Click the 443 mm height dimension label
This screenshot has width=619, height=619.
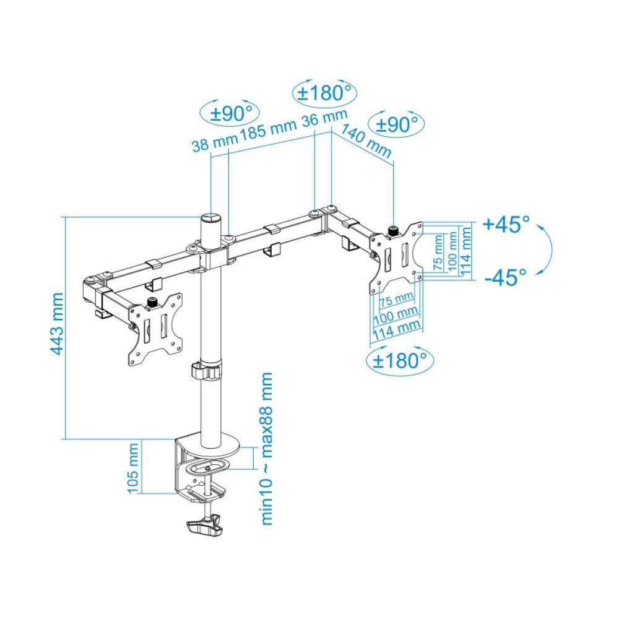click(x=57, y=324)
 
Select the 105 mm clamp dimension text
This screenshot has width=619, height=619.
click(x=134, y=468)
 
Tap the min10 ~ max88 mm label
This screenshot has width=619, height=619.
click(x=267, y=449)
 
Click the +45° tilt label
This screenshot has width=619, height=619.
click(x=506, y=224)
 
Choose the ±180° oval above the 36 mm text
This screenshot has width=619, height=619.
click(x=324, y=93)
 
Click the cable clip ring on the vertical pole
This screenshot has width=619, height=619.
click(x=206, y=372)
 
